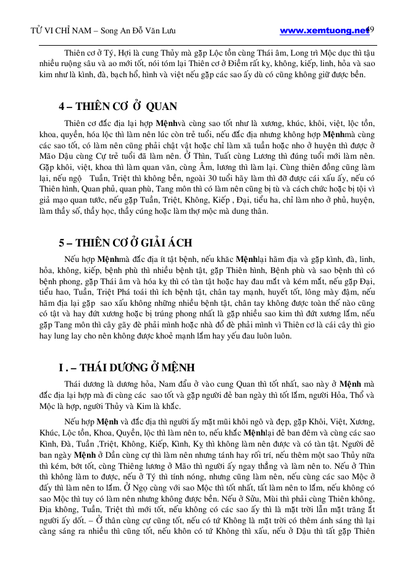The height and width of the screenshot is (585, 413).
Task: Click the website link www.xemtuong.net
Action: tap(323, 30)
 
